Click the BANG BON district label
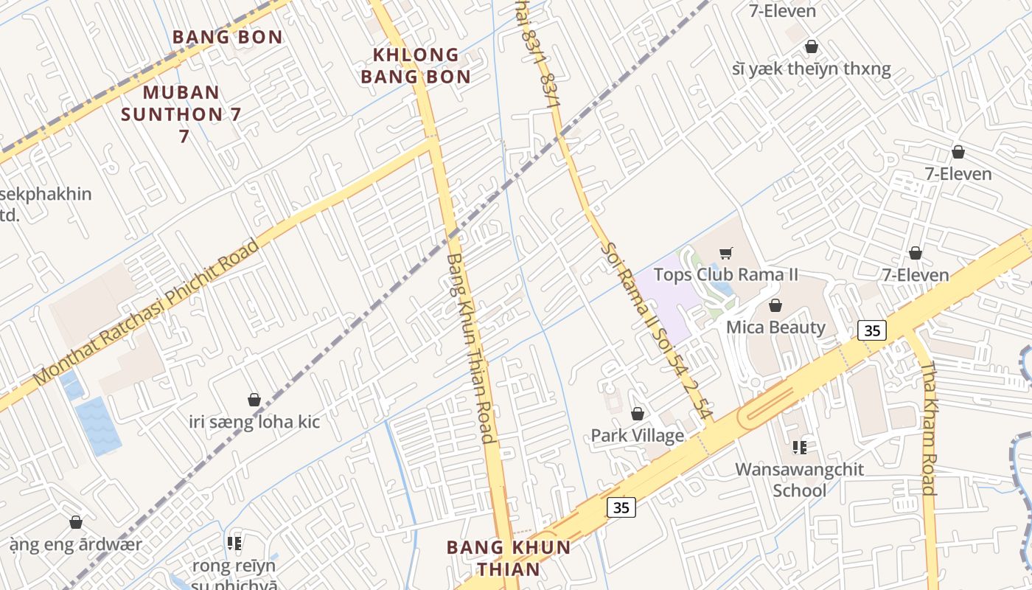(x=228, y=37)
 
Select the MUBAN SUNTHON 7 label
(x=181, y=114)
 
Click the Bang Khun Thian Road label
(x=470, y=347)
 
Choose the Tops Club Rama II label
(x=725, y=275)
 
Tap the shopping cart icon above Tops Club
(x=725, y=254)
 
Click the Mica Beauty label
(x=775, y=327)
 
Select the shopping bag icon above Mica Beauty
(x=775, y=305)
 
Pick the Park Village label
(x=637, y=435)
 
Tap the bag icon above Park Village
(x=638, y=414)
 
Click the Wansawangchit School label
(x=800, y=479)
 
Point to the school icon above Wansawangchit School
(x=800, y=447)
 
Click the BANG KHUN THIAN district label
(x=509, y=558)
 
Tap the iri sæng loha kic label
(x=255, y=422)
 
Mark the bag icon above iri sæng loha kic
(x=254, y=400)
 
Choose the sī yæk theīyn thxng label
(x=812, y=69)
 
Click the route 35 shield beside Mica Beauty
(x=872, y=330)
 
